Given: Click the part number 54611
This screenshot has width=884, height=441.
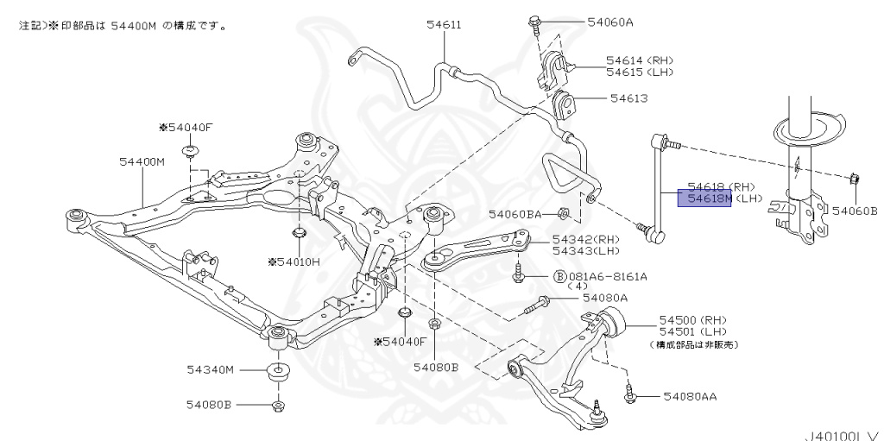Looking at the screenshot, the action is pyautogui.click(x=445, y=25).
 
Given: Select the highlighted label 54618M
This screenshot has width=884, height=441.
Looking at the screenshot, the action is pyautogui.click(x=704, y=198).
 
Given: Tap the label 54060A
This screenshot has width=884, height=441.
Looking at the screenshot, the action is pyautogui.click(x=610, y=22).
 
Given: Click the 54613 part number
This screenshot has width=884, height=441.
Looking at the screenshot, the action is pyautogui.click(x=629, y=98).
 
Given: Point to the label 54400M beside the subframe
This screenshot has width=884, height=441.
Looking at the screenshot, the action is pyautogui.click(x=142, y=162).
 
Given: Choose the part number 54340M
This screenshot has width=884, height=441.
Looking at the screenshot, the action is pyautogui.click(x=211, y=370).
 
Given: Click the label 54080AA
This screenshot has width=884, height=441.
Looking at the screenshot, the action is pyautogui.click(x=690, y=396).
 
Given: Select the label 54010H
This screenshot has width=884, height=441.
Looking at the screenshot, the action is pyautogui.click(x=294, y=261).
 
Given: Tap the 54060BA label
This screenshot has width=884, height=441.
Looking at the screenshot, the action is pyautogui.click(x=515, y=214).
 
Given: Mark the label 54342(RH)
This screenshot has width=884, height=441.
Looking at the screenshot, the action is pyautogui.click(x=586, y=240).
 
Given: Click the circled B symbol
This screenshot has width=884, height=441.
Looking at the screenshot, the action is pyautogui.click(x=560, y=276).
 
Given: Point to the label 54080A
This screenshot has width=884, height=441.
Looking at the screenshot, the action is pyautogui.click(x=605, y=298).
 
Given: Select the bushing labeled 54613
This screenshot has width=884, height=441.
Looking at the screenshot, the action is pyautogui.click(x=565, y=105).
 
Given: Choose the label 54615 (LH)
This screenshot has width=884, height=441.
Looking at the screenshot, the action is pyautogui.click(x=640, y=72).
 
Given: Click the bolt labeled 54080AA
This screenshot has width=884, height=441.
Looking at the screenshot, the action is pyautogui.click(x=629, y=394).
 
